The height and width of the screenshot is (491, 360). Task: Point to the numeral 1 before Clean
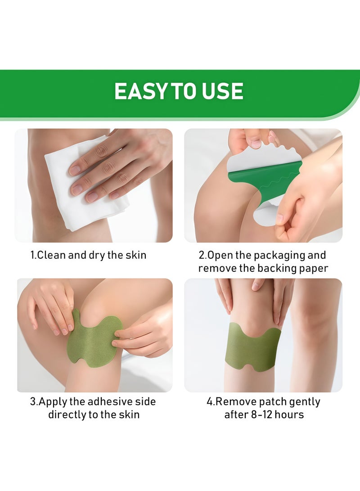coord(32,255)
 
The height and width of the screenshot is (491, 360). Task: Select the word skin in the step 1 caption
coord(136,255)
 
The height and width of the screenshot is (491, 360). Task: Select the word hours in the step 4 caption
coord(292,414)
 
